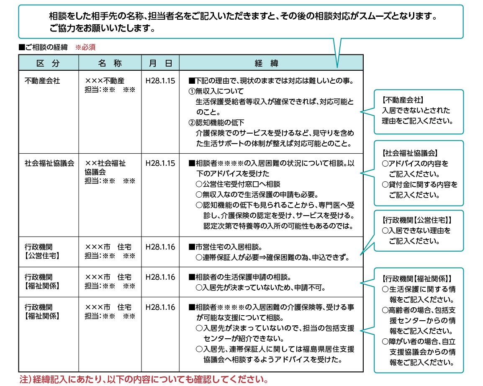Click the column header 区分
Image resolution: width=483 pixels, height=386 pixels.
(48, 63)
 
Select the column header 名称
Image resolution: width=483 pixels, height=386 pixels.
(110, 63)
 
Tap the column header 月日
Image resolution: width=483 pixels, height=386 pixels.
(160, 63)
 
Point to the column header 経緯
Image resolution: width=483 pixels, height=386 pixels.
(266, 63)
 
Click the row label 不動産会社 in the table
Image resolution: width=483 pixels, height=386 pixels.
(42, 81)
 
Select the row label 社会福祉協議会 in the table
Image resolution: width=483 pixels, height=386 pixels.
(49, 163)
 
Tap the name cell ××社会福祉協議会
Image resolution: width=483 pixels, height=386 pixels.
(105, 167)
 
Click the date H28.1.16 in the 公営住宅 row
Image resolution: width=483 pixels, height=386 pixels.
(160, 247)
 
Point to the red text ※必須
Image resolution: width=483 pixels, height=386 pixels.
(85, 47)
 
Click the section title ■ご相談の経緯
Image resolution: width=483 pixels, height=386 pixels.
(43, 47)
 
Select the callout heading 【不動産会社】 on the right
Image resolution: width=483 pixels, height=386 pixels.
(402, 100)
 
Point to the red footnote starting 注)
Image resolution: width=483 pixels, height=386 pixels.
(143, 380)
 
